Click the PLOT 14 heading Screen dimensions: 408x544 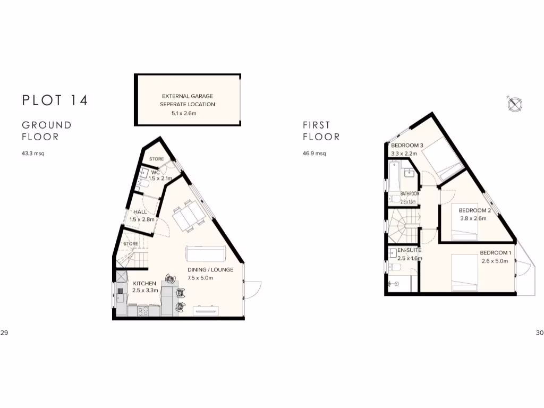pyautogui.click(x=55, y=100)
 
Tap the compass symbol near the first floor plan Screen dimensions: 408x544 pyautogui.click(x=515, y=104)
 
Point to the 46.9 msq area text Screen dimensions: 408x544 pyautogui.click(x=314, y=154)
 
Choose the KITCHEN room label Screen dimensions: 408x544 pyautogui.click(x=144, y=283)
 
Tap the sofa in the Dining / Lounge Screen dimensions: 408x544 pyautogui.click(x=206, y=253)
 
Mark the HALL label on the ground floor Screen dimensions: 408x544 pyautogui.click(x=140, y=212)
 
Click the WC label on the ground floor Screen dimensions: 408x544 pyautogui.click(x=156, y=172)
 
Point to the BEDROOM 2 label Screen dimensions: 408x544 pyautogui.click(x=474, y=210)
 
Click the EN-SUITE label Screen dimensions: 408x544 pyautogui.click(x=409, y=250)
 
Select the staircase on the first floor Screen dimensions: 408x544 pyautogui.click(x=403, y=225)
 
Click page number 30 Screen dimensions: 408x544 pyautogui.click(x=540, y=333)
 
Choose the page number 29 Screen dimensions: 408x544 pyautogui.click(x=4, y=333)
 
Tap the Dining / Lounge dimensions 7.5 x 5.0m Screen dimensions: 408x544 pyautogui.click(x=200, y=277)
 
